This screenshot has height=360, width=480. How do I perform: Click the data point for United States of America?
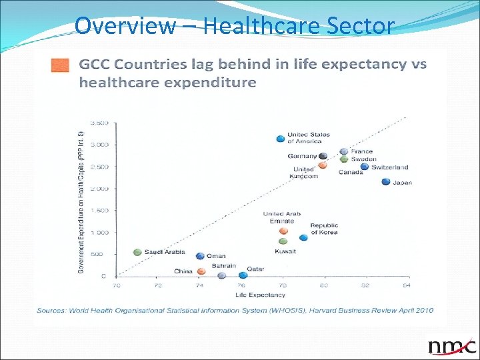click(280, 139)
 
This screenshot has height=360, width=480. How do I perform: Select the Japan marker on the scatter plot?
click(385, 182)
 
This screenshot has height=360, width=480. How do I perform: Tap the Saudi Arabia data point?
click(137, 252)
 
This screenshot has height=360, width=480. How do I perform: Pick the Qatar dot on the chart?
click(243, 275)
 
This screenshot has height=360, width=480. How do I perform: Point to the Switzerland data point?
click(364, 167)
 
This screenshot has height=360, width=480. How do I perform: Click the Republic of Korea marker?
click(303, 237)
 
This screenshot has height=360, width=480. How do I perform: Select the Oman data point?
click(200, 256)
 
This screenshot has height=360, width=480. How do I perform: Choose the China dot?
click(200, 271)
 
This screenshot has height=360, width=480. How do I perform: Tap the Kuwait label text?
click(285, 251)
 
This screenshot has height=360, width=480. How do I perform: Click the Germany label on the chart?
click(302, 156)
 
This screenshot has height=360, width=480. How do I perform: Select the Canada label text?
click(350, 173)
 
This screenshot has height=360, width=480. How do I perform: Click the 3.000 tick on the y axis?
click(99, 145)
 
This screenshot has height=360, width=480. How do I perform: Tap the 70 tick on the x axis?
click(117, 285)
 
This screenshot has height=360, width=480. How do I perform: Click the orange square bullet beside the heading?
click(60, 65)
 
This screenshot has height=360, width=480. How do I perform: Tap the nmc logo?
click(452, 346)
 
